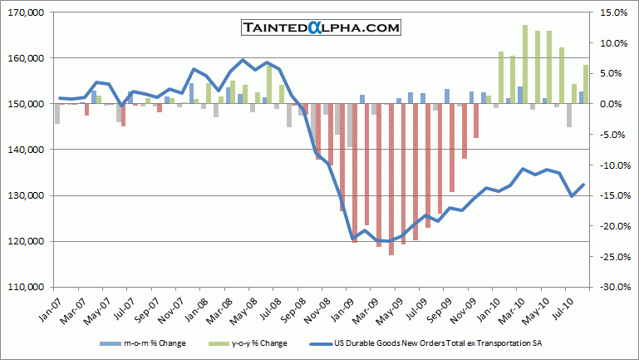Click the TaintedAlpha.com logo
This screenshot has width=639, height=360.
[321, 27]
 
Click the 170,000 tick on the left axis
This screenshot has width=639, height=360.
[27, 12]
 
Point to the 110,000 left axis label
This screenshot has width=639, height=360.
[27, 287]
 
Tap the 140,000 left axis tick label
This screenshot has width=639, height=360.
[27, 150]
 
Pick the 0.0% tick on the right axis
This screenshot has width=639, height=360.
[607, 104]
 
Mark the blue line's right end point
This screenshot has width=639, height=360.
[584, 185]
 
